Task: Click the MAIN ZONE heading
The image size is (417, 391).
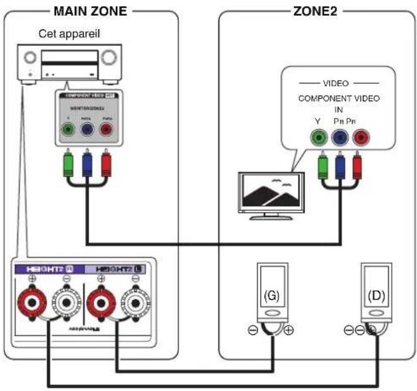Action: pos(91,11)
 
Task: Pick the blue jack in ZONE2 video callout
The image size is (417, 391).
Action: pos(340,137)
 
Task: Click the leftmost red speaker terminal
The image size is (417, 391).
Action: pos(30,302)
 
